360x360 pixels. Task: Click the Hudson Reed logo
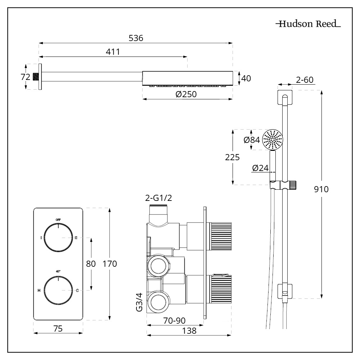(308, 24)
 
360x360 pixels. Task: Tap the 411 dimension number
(113, 52)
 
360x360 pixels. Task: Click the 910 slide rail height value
(321, 189)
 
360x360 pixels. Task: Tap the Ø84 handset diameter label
(252, 140)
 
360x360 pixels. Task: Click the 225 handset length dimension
(232, 157)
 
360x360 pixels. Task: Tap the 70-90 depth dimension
(175, 320)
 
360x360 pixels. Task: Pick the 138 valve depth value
(189, 331)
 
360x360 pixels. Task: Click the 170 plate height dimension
(110, 264)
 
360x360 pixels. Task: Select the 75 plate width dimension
(58, 328)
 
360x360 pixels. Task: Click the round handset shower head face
(273, 140)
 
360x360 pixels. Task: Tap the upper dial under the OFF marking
(58, 238)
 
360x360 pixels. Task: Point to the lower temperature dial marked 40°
(58, 290)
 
